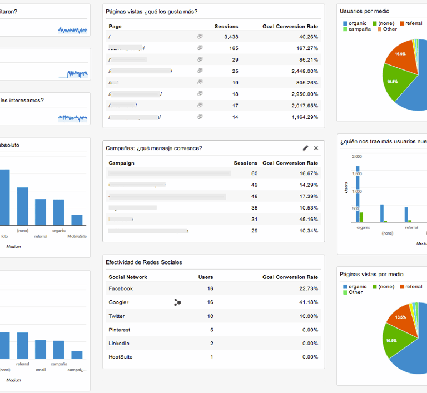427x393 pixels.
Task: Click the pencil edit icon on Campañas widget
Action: tap(305, 148)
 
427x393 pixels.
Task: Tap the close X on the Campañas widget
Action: tap(316, 148)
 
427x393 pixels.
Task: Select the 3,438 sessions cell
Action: tap(227, 37)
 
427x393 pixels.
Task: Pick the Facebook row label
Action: tap(121, 288)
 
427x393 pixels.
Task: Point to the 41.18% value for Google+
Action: tap(307, 302)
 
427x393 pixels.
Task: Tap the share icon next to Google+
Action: tap(177, 302)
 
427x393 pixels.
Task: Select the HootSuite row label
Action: tap(121, 357)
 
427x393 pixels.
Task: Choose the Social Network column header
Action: tap(128, 277)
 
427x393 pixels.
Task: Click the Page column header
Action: tap(115, 26)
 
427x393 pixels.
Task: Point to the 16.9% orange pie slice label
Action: tap(400, 54)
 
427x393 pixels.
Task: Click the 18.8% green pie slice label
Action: tap(392, 81)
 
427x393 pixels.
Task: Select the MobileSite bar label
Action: tap(77, 236)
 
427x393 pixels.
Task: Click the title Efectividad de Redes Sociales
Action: tap(144, 262)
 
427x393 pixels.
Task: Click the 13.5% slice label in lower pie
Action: tap(400, 317)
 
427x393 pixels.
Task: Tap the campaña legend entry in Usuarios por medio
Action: tap(360, 29)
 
